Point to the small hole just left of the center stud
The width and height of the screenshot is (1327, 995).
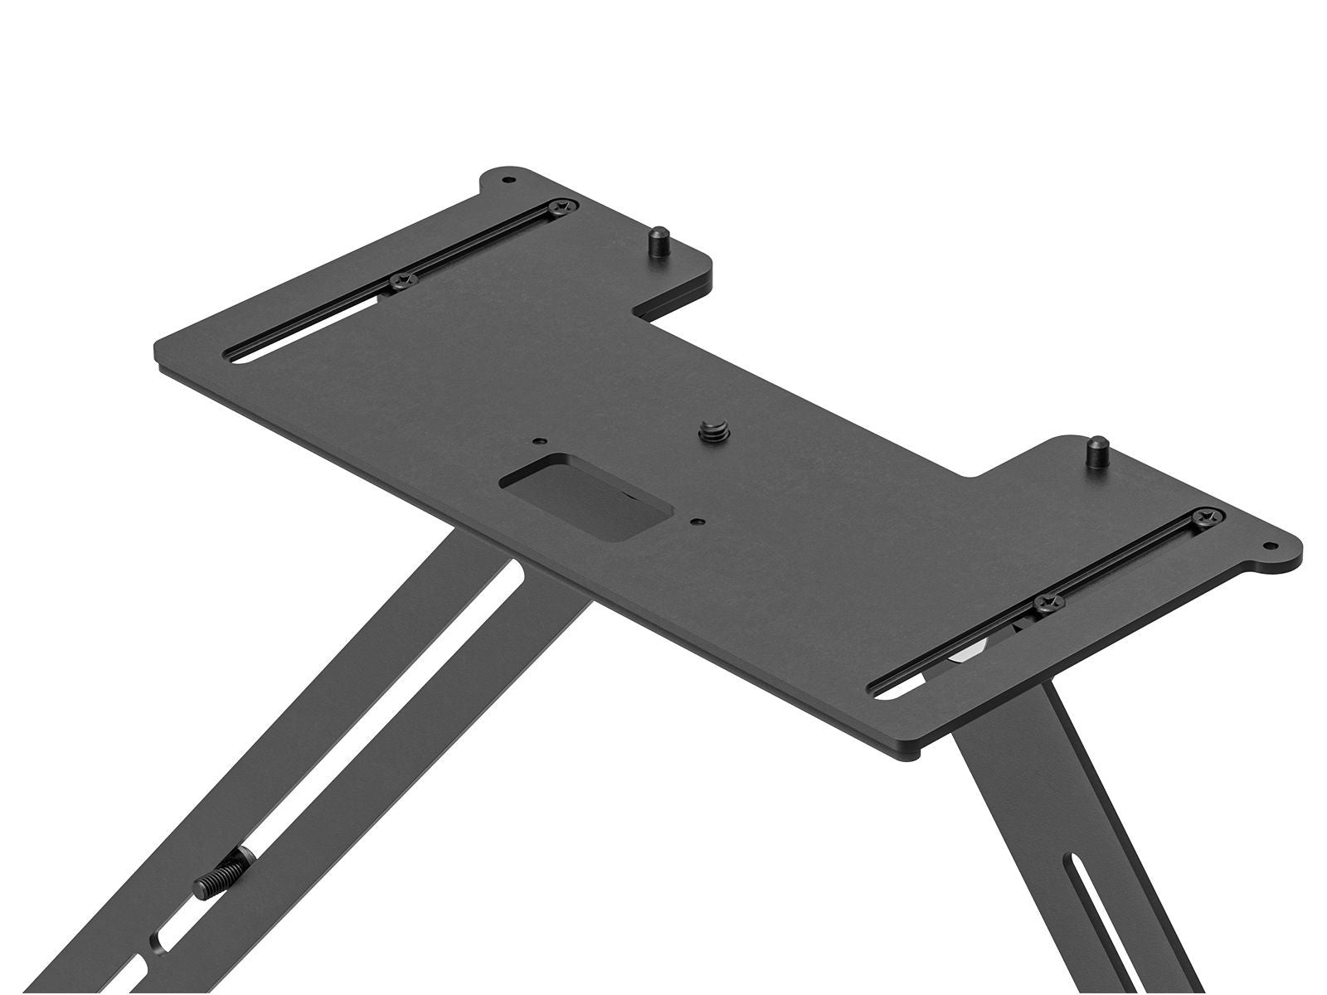tap(540, 441)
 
